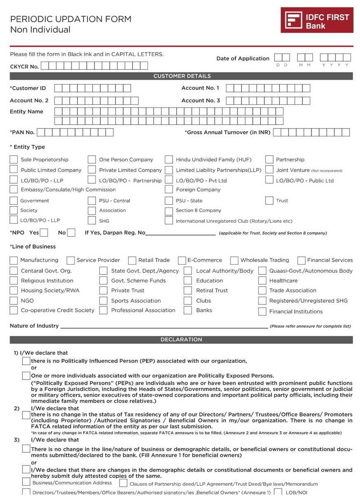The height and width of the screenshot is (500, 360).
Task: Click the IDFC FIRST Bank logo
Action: [x=317, y=20]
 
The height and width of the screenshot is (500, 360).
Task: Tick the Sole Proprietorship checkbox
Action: [x=14, y=159]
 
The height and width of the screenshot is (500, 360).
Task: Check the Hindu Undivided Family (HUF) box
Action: [x=169, y=159]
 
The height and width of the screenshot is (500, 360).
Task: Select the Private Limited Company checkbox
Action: [x=92, y=170]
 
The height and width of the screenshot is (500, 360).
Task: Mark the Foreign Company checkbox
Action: [x=169, y=189]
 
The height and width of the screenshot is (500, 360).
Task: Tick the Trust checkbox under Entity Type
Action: [x=269, y=200]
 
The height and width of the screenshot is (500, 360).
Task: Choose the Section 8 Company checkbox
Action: [x=169, y=211]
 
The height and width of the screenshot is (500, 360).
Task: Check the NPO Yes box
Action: [x=44, y=233]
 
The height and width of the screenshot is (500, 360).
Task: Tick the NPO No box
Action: [x=71, y=233]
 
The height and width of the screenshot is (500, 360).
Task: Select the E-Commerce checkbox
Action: [x=182, y=260]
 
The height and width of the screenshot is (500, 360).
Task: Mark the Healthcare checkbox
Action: [x=262, y=281]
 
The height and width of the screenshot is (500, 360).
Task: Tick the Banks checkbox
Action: [x=188, y=310]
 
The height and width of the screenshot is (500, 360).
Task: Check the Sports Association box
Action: [x=104, y=301]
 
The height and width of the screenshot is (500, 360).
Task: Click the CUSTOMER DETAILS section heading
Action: [x=182, y=76]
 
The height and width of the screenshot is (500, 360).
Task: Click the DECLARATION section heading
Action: [x=181, y=340]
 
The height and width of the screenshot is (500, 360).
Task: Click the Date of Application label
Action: [x=242, y=59]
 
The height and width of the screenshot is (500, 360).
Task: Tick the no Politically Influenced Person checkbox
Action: [x=26, y=361]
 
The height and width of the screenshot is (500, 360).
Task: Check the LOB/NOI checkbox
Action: [x=278, y=492]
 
